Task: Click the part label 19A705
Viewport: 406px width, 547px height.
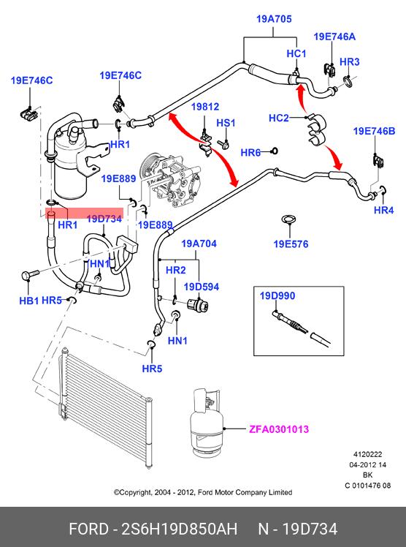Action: (x=274, y=19)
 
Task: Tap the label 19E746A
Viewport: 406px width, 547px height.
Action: (x=334, y=37)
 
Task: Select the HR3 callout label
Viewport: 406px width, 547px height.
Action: (x=349, y=61)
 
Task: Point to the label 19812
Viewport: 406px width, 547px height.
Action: (x=205, y=107)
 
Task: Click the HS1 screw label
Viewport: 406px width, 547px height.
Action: (x=226, y=123)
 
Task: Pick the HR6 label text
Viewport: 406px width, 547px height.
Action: (x=250, y=152)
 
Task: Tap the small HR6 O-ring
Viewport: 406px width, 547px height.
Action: (x=275, y=151)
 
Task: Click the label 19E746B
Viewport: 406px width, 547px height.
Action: (x=375, y=131)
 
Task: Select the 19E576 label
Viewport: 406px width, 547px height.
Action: (x=291, y=244)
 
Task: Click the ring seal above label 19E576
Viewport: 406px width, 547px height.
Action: (x=289, y=219)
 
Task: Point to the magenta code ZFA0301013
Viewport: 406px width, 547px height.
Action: (x=279, y=429)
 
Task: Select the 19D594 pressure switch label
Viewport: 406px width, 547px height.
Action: (x=202, y=287)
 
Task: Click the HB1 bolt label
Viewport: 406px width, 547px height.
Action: (x=29, y=301)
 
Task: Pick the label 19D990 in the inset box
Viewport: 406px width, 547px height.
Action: (x=277, y=296)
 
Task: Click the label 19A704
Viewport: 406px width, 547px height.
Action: (x=199, y=244)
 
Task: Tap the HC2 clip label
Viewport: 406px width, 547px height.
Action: (x=278, y=118)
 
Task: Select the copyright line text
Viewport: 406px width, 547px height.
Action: (x=203, y=492)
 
